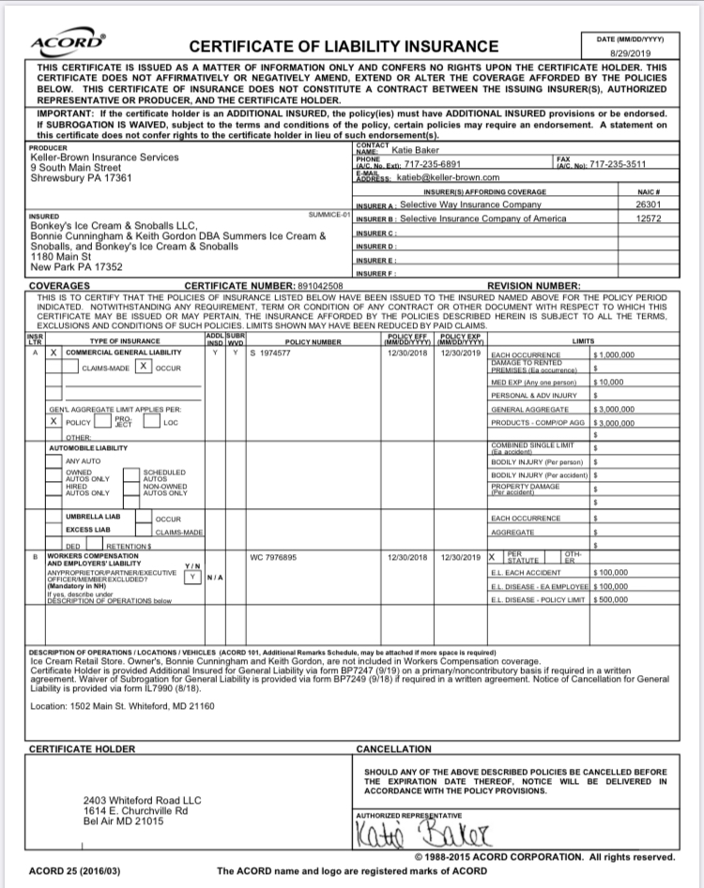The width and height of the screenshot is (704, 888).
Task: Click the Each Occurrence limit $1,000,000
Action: coord(615,355)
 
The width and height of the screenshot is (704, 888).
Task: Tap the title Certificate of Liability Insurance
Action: coord(344,47)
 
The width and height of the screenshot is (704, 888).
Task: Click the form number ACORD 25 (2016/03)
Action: coord(74,870)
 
